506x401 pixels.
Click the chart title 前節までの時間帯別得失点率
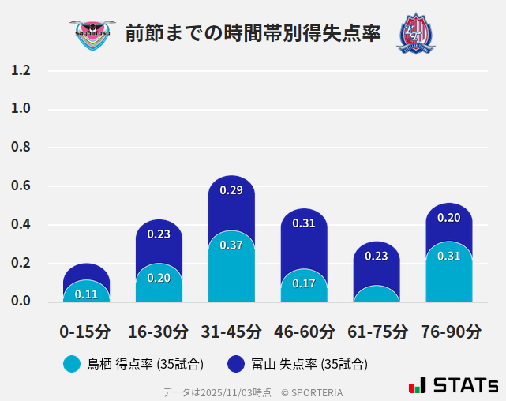click(253, 33)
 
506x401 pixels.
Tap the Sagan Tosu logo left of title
click(92, 33)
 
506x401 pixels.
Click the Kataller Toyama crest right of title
click(415, 33)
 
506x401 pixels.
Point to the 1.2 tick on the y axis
click(21, 70)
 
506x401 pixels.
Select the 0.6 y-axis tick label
click(21, 186)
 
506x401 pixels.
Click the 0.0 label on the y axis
click(21, 301)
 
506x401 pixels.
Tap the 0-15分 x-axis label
click(85, 332)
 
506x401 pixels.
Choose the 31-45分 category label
click(231, 332)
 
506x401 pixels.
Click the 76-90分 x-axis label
click(450, 332)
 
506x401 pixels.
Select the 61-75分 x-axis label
click(377, 332)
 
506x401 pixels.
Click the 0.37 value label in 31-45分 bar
click(231, 245)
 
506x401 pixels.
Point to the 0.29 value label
click(231, 190)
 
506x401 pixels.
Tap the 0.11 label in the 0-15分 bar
click(86, 294)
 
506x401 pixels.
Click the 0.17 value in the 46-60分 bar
click(304, 283)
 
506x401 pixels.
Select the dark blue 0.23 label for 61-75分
click(377, 256)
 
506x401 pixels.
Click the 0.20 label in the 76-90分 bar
click(449, 218)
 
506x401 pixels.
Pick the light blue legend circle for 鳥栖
click(72, 364)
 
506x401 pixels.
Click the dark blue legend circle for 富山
click(236, 364)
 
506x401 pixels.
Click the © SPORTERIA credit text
click(312, 392)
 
